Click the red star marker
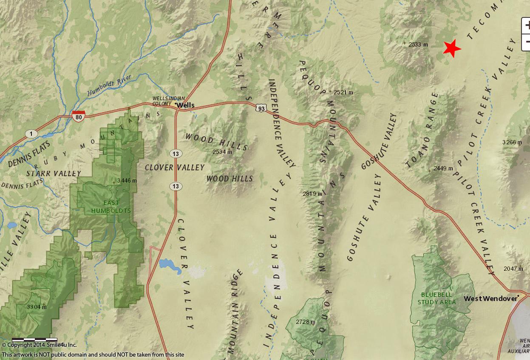[x=452, y=48]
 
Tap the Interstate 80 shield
[x=78, y=116]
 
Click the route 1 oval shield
[x=31, y=134]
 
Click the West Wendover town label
[x=490, y=298]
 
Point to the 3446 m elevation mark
[x=125, y=181]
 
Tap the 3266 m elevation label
[x=512, y=142]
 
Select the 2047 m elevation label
[x=513, y=269]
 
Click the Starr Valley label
[x=54, y=173]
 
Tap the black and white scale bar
[x=34, y=340]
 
